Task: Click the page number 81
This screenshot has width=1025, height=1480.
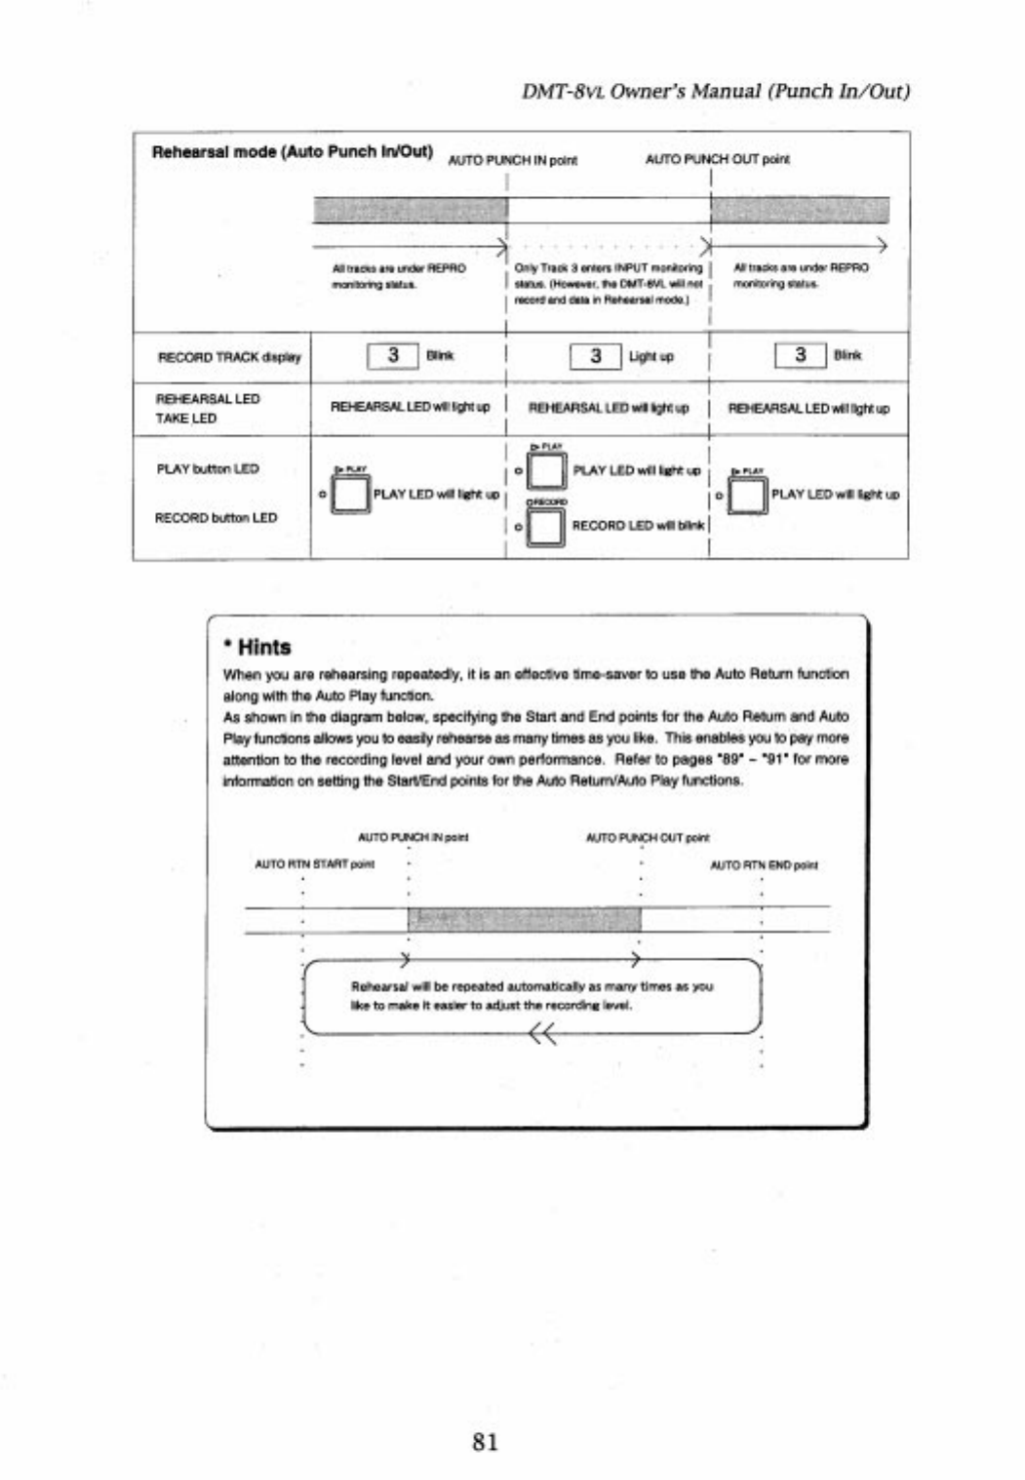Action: (x=485, y=1441)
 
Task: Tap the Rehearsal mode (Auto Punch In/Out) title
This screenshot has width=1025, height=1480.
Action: (x=293, y=152)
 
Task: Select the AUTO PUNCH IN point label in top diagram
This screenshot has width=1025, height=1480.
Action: (x=512, y=160)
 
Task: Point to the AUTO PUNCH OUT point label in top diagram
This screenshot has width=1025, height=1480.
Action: (x=717, y=158)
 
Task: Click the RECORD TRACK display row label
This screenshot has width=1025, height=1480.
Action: (x=229, y=357)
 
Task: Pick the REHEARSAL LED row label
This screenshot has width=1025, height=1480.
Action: (x=208, y=399)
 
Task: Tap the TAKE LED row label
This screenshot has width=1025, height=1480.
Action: (x=185, y=419)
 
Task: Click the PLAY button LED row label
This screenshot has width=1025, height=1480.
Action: (x=208, y=469)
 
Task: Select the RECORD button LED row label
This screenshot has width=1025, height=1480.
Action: (x=216, y=518)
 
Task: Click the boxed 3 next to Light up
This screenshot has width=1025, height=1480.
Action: (x=595, y=356)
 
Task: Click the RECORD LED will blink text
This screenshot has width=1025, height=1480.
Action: (x=638, y=526)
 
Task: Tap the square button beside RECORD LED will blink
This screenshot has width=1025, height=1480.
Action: (x=545, y=527)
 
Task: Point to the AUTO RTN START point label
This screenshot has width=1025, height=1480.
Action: (x=315, y=864)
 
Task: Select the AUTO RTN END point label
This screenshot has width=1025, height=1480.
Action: (x=764, y=865)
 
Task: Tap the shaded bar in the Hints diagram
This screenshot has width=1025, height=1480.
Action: (x=524, y=919)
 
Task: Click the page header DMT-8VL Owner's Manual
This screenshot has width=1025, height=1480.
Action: (x=715, y=92)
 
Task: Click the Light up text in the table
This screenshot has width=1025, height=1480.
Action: (x=651, y=357)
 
